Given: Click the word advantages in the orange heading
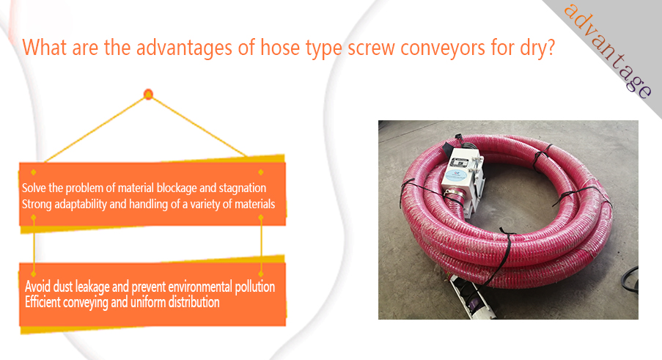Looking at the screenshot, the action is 184,48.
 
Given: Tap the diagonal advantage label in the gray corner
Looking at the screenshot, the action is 608,51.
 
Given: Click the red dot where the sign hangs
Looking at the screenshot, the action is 148,94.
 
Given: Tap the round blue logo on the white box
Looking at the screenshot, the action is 457,172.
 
